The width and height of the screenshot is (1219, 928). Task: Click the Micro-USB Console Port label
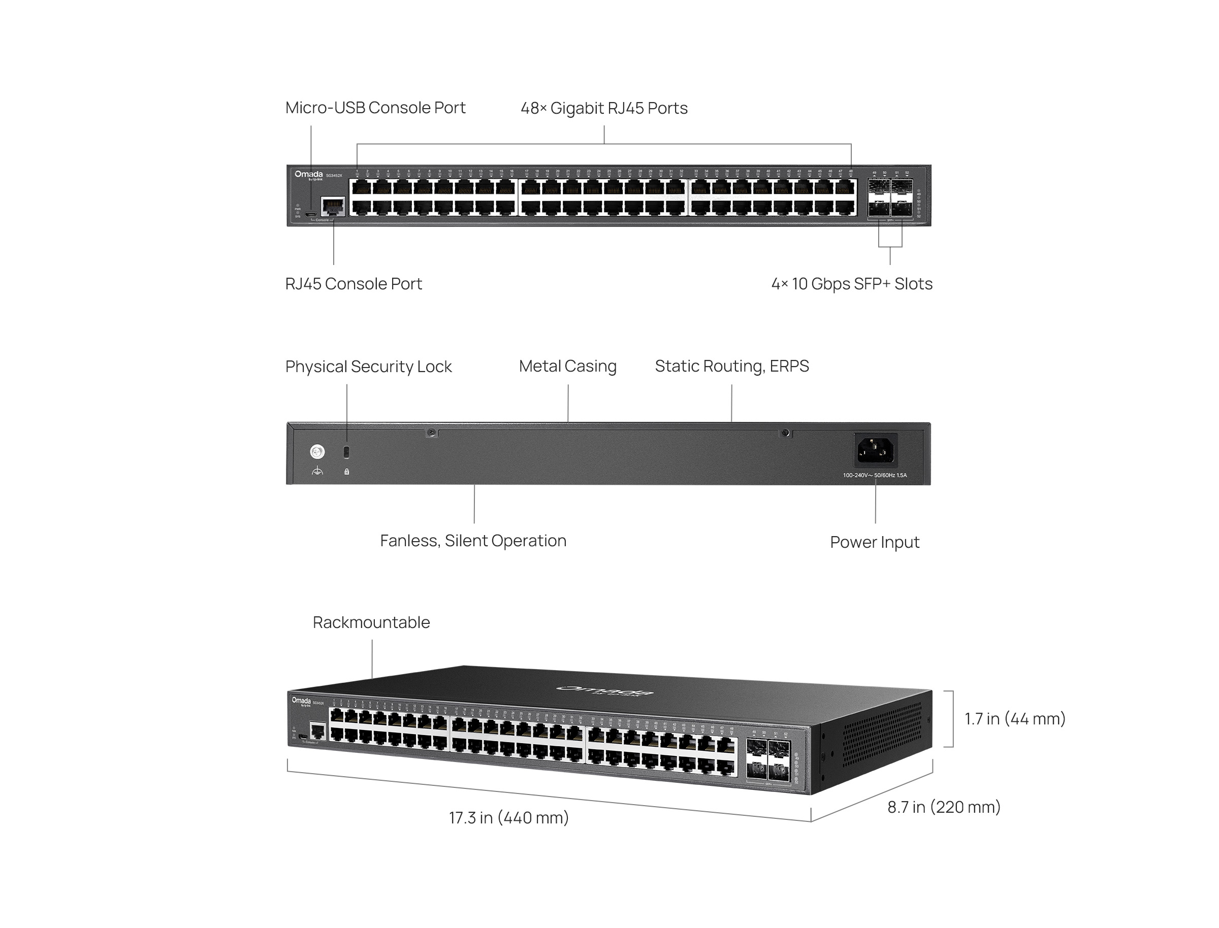(x=375, y=108)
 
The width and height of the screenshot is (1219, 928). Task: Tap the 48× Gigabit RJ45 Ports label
(x=604, y=108)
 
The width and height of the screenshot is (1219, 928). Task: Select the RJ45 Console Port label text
(x=353, y=284)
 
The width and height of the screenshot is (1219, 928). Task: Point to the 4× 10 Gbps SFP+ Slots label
(x=852, y=284)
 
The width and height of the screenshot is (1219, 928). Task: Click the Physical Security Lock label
(x=368, y=367)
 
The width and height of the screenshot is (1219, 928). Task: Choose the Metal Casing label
(x=567, y=366)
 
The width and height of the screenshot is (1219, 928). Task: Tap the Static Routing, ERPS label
(x=731, y=366)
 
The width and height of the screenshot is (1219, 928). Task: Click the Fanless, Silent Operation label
(x=473, y=541)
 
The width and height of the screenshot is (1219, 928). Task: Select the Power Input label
(x=874, y=543)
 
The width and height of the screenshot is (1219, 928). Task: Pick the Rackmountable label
(x=371, y=622)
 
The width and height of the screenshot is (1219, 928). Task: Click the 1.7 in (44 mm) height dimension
(x=1014, y=719)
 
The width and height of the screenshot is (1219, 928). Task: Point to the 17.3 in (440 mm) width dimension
(x=508, y=817)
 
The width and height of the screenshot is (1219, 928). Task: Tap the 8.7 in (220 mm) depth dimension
(x=944, y=807)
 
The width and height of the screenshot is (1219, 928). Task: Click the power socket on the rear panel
(x=875, y=450)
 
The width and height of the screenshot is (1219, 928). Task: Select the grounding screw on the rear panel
(x=317, y=452)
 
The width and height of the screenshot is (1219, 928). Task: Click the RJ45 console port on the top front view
(x=333, y=207)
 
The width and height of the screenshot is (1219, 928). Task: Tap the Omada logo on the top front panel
(x=308, y=175)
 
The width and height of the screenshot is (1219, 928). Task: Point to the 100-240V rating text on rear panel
(x=874, y=475)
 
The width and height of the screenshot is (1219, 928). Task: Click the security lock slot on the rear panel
(x=346, y=452)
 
